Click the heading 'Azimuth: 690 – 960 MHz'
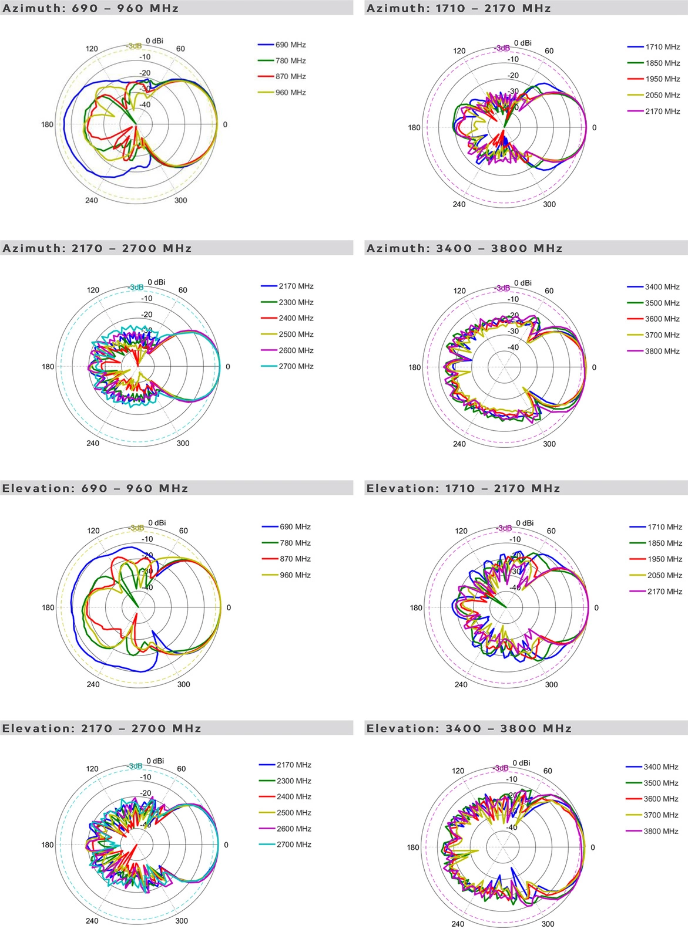coord(90,8)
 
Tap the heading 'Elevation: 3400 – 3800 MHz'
coord(469,728)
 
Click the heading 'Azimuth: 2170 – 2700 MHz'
coord(98,248)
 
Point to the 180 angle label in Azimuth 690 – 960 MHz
coord(47,124)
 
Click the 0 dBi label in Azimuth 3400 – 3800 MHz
coord(522,283)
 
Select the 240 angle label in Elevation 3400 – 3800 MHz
coord(458,924)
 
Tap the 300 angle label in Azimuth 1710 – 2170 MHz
coord(549,204)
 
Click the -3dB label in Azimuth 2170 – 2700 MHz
coord(135,287)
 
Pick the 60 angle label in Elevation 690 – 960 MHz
coord(183,531)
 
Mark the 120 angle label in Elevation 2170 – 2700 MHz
coord(92,769)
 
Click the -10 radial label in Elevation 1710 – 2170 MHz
coord(515,539)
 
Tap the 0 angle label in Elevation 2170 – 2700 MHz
coord(226,845)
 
